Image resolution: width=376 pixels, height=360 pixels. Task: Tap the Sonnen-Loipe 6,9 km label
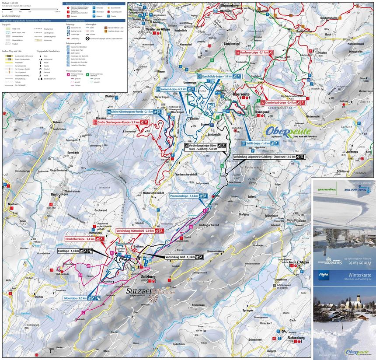173,89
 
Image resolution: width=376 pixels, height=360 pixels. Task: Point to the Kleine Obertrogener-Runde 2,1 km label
131,112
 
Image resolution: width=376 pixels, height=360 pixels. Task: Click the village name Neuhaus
13,205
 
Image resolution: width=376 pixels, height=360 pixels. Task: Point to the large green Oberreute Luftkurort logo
288,132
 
